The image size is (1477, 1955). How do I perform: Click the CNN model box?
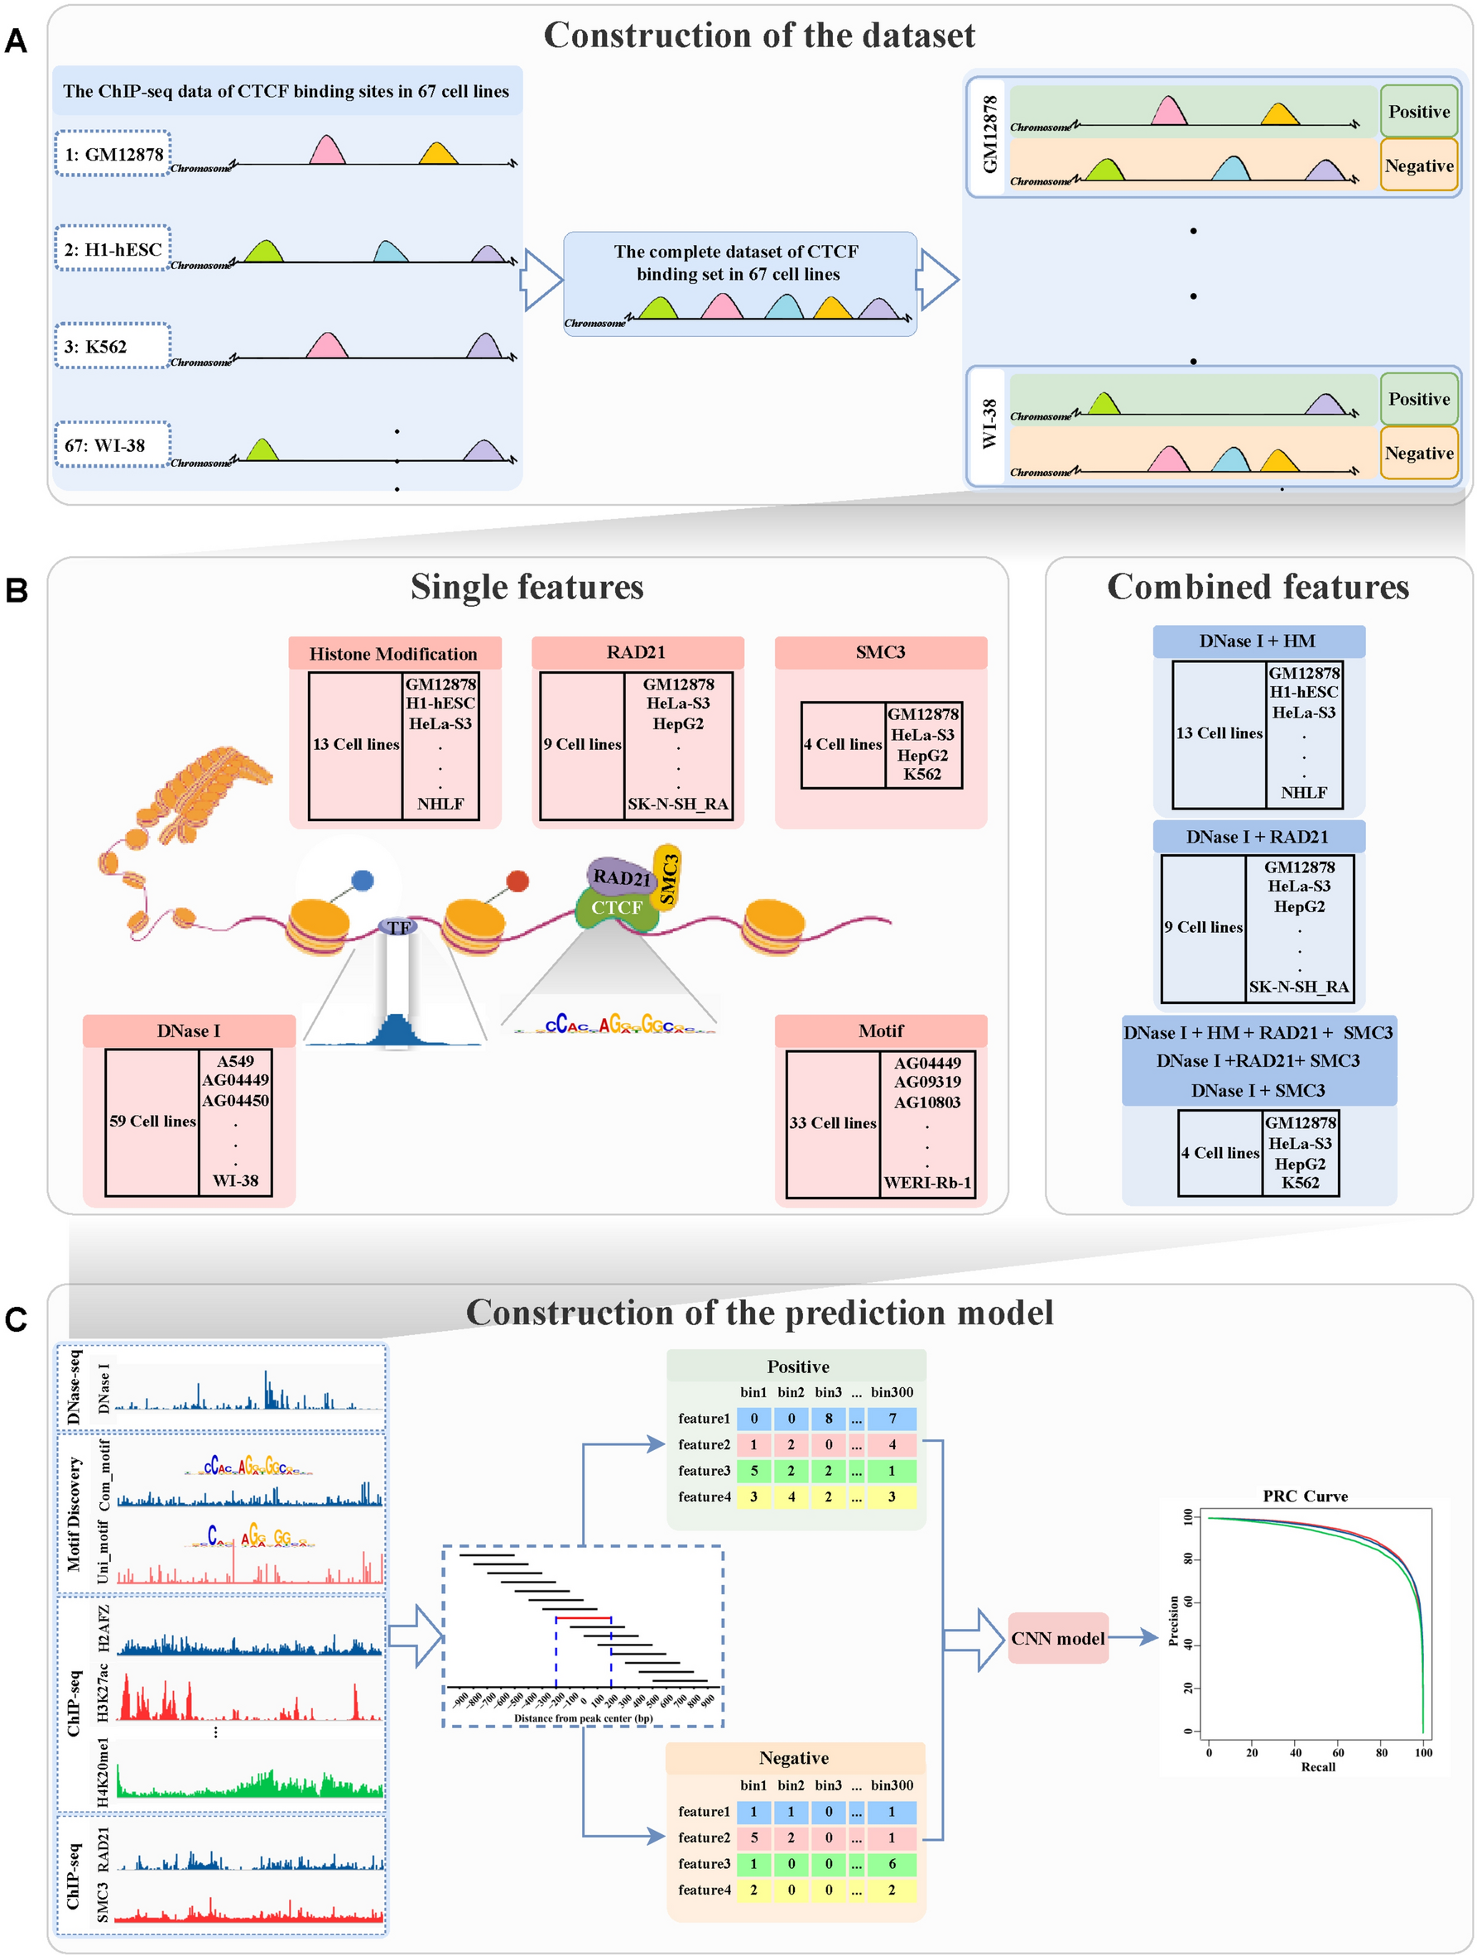click(1057, 1638)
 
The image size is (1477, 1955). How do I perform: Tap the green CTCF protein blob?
click(617, 910)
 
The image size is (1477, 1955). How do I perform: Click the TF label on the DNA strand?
click(398, 927)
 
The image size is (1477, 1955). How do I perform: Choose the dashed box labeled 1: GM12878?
click(113, 154)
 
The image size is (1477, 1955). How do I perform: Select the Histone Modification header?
click(393, 653)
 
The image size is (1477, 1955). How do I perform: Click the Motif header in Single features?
click(880, 1030)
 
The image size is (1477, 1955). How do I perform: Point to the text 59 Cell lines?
click(152, 1121)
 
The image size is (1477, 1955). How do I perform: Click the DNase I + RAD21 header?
click(1257, 836)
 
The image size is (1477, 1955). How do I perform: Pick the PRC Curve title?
click(1305, 1496)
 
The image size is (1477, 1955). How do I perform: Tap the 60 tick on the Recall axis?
click(1338, 1751)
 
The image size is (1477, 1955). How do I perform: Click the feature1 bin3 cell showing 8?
click(828, 1419)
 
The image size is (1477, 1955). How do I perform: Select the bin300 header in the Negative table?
click(891, 1785)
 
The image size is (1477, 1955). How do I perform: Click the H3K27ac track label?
click(103, 1692)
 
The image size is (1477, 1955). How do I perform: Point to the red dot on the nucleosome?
click(517, 881)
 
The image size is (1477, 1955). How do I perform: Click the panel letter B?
click(17, 590)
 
